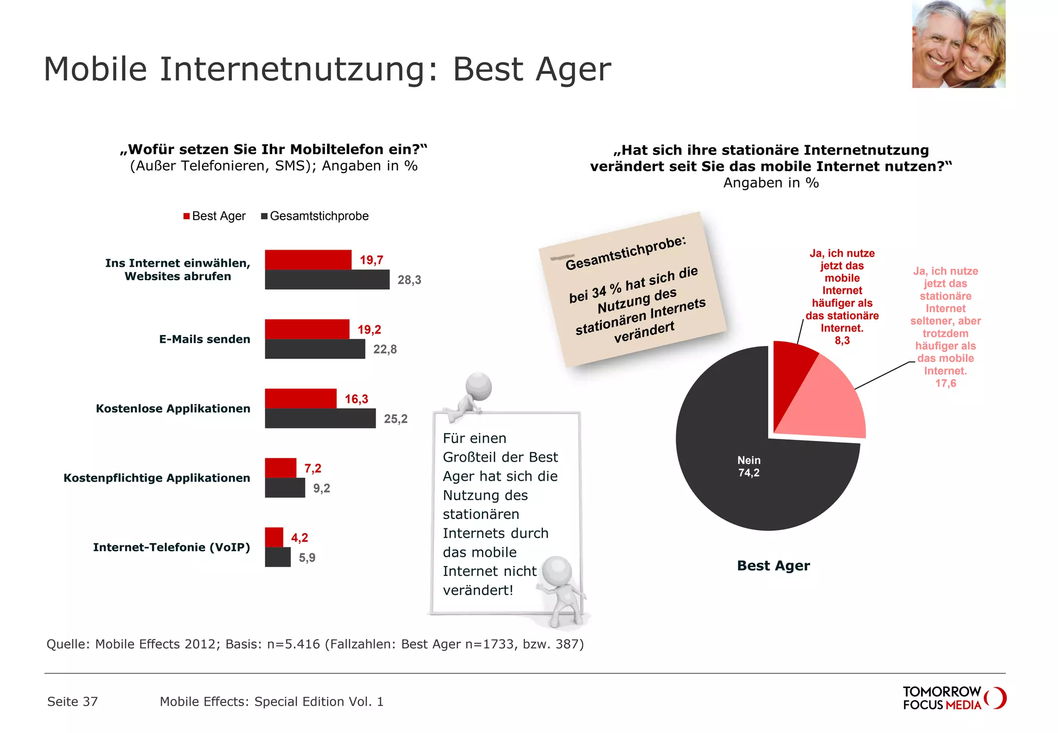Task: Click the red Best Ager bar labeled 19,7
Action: (x=308, y=259)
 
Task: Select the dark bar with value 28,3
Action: (x=326, y=280)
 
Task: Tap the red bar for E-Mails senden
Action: (x=307, y=329)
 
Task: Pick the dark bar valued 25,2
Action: (x=320, y=418)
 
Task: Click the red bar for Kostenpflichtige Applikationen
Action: (x=281, y=468)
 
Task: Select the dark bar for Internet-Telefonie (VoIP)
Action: (x=277, y=557)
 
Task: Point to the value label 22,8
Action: (x=385, y=349)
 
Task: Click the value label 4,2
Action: (x=300, y=538)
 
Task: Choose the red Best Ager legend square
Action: (x=186, y=216)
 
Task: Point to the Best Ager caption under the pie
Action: (x=773, y=566)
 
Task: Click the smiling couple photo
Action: (x=958, y=44)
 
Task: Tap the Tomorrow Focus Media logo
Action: (x=954, y=698)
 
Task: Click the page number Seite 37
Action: (x=72, y=701)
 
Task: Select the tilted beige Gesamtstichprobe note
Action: (x=633, y=289)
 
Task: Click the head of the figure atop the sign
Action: (x=478, y=386)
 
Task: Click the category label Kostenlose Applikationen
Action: (x=173, y=408)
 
